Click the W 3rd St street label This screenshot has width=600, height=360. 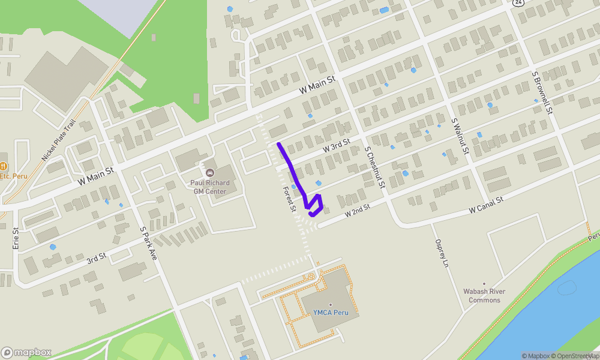click(336, 146)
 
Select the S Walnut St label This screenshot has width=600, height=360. click(460, 137)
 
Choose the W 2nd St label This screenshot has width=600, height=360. click(358, 210)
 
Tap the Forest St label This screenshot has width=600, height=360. click(290, 199)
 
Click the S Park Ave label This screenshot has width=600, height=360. click(148, 243)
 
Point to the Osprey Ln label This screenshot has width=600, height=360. click(441, 253)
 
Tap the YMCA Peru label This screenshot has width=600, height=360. click(331, 313)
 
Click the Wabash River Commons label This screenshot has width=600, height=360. click(484, 296)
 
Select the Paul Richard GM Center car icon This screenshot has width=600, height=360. click(210, 173)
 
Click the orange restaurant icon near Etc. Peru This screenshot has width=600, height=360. click(4, 166)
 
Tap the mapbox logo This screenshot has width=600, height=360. click(26, 352)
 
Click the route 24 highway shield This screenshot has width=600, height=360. click(518, 2)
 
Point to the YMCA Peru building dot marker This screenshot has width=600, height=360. click(330, 304)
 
